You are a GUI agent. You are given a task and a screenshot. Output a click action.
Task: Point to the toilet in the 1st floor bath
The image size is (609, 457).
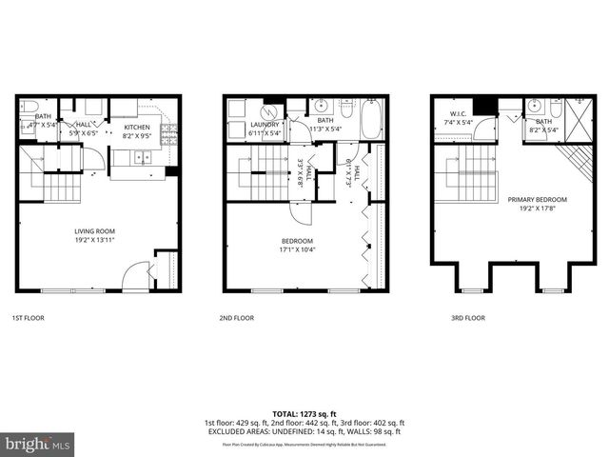coord(29,107)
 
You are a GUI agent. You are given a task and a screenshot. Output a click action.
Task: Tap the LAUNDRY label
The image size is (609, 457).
coord(265,129)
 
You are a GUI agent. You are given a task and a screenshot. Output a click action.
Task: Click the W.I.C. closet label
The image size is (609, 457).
coord(461,119)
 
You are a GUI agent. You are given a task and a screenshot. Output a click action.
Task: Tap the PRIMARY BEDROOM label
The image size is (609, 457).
coord(537,204)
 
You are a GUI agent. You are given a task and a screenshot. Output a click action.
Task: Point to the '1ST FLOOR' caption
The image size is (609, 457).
coord(28,318)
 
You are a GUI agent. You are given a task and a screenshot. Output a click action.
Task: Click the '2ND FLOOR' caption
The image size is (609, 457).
coord(237,318)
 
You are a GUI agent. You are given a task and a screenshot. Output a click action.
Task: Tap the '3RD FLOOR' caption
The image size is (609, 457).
coord(468,318)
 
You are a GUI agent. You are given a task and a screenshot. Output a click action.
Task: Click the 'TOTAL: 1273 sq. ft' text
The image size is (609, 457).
coord(304,413)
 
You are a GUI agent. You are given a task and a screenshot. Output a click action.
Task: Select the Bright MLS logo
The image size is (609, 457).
coord(38,444)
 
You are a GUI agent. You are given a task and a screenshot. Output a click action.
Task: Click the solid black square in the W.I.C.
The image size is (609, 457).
coord(485,105)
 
